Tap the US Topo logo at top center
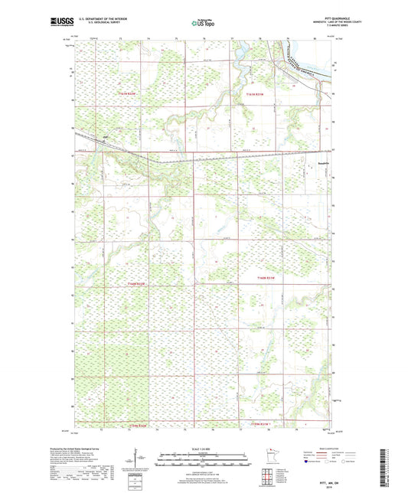point(203,23)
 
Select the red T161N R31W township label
point(253,93)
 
